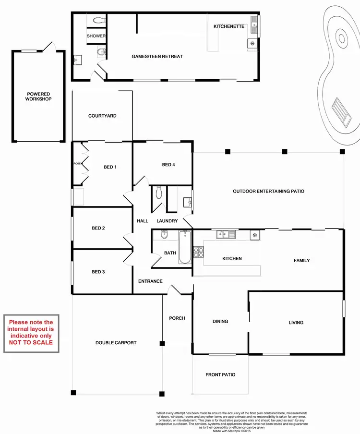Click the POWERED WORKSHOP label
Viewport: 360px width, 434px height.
(x=39, y=96)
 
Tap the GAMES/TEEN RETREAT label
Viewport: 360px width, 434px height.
(x=157, y=57)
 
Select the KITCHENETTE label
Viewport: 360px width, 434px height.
(x=229, y=26)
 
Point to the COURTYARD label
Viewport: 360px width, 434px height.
(x=102, y=116)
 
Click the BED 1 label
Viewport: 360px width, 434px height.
(x=110, y=167)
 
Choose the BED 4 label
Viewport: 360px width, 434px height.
(x=168, y=165)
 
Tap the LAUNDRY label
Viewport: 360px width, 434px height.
(x=167, y=221)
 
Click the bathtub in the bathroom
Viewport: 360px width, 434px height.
(x=185, y=248)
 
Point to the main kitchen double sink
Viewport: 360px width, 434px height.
(x=226, y=234)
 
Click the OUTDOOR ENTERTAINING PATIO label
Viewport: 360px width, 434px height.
(x=268, y=191)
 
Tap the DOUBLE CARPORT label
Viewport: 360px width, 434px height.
(x=116, y=343)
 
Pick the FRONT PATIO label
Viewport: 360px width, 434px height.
(x=220, y=374)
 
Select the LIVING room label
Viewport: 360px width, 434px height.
(x=296, y=323)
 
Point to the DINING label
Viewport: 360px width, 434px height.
(x=220, y=322)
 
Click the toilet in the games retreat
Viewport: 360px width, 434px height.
(x=99, y=20)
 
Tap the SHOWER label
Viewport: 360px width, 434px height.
(x=96, y=36)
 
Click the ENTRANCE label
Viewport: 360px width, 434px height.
(x=150, y=281)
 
